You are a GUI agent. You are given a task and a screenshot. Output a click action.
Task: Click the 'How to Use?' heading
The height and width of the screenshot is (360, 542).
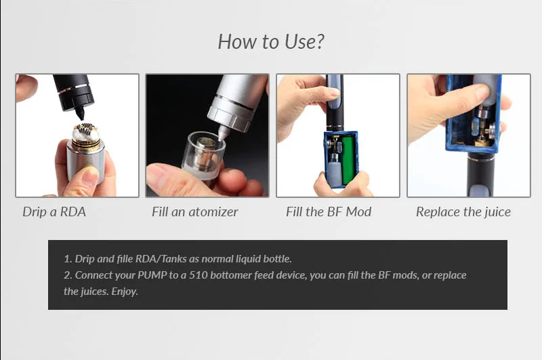(271, 41)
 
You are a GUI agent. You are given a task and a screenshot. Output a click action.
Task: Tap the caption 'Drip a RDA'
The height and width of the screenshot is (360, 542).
(54, 212)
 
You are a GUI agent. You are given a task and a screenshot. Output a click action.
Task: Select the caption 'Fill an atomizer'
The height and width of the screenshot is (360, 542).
(195, 212)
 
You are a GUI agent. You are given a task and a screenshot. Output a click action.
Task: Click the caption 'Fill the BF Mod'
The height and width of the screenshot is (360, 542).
(329, 212)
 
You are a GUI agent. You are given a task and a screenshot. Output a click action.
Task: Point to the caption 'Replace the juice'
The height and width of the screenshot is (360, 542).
(463, 212)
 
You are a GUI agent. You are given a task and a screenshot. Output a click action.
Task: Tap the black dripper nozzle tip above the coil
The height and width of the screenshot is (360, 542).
(80, 113)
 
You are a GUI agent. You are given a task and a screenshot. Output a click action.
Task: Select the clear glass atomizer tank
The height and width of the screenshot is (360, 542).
(203, 153)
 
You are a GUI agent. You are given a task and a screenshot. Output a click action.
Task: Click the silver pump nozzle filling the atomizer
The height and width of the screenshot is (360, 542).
(224, 133)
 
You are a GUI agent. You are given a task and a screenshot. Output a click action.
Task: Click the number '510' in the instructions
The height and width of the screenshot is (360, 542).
(199, 275)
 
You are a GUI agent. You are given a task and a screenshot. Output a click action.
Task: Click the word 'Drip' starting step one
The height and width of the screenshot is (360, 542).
(85, 259)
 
